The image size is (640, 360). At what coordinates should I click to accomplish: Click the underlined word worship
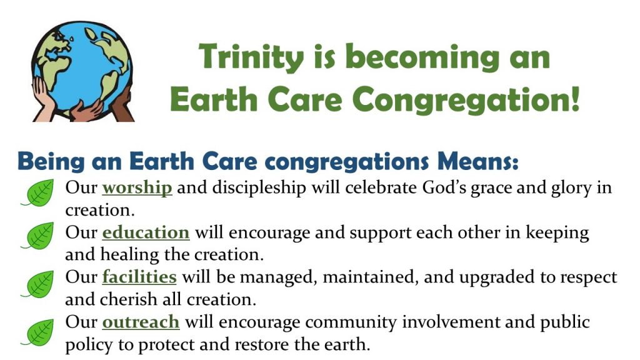137,188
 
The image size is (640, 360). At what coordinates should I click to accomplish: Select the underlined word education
146,232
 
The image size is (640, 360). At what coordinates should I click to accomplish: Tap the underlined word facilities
139,277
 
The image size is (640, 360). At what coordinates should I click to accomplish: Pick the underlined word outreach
141,322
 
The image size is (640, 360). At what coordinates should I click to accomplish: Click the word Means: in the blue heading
478,161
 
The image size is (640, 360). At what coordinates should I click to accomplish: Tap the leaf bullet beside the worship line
38,192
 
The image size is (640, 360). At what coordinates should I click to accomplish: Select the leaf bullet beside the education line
38,236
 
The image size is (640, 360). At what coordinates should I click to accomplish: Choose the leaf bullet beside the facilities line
38,284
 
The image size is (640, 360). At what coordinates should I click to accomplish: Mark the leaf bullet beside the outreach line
38,332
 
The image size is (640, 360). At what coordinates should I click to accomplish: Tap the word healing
129,255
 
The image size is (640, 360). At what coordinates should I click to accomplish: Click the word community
351,322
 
